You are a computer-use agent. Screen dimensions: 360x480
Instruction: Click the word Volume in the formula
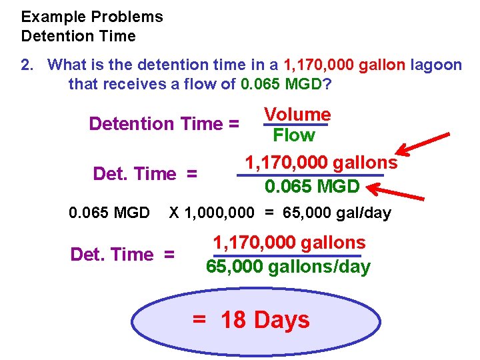click(x=297, y=115)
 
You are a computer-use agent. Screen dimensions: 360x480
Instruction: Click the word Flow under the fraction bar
click(x=294, y=135)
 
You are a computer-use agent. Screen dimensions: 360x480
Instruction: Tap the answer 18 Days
click(x=265, y=320)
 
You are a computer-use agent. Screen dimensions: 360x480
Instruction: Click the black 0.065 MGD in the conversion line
click(x=109, y=213)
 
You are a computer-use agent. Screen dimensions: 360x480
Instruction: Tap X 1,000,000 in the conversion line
click(x=211, y=213)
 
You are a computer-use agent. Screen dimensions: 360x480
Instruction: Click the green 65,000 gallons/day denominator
click(x=288, y=267)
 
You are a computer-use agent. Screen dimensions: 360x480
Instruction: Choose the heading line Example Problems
click(x=92, y=17)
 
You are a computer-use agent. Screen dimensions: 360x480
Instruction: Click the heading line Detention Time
click(x=78, y=36)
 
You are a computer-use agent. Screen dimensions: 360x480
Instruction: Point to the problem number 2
click(x=27, y=65)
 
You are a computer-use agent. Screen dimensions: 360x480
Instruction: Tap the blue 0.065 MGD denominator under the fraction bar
click(x=312, y=186)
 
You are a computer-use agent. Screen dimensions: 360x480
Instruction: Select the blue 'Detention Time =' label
click(x=164, y=124)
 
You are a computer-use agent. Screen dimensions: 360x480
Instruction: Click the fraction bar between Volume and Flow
click(x=296, y=125)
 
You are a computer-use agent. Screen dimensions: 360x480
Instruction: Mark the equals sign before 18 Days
click(x=199, y=320)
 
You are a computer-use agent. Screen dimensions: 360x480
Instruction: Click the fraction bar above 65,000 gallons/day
click(x=287, y=255)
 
